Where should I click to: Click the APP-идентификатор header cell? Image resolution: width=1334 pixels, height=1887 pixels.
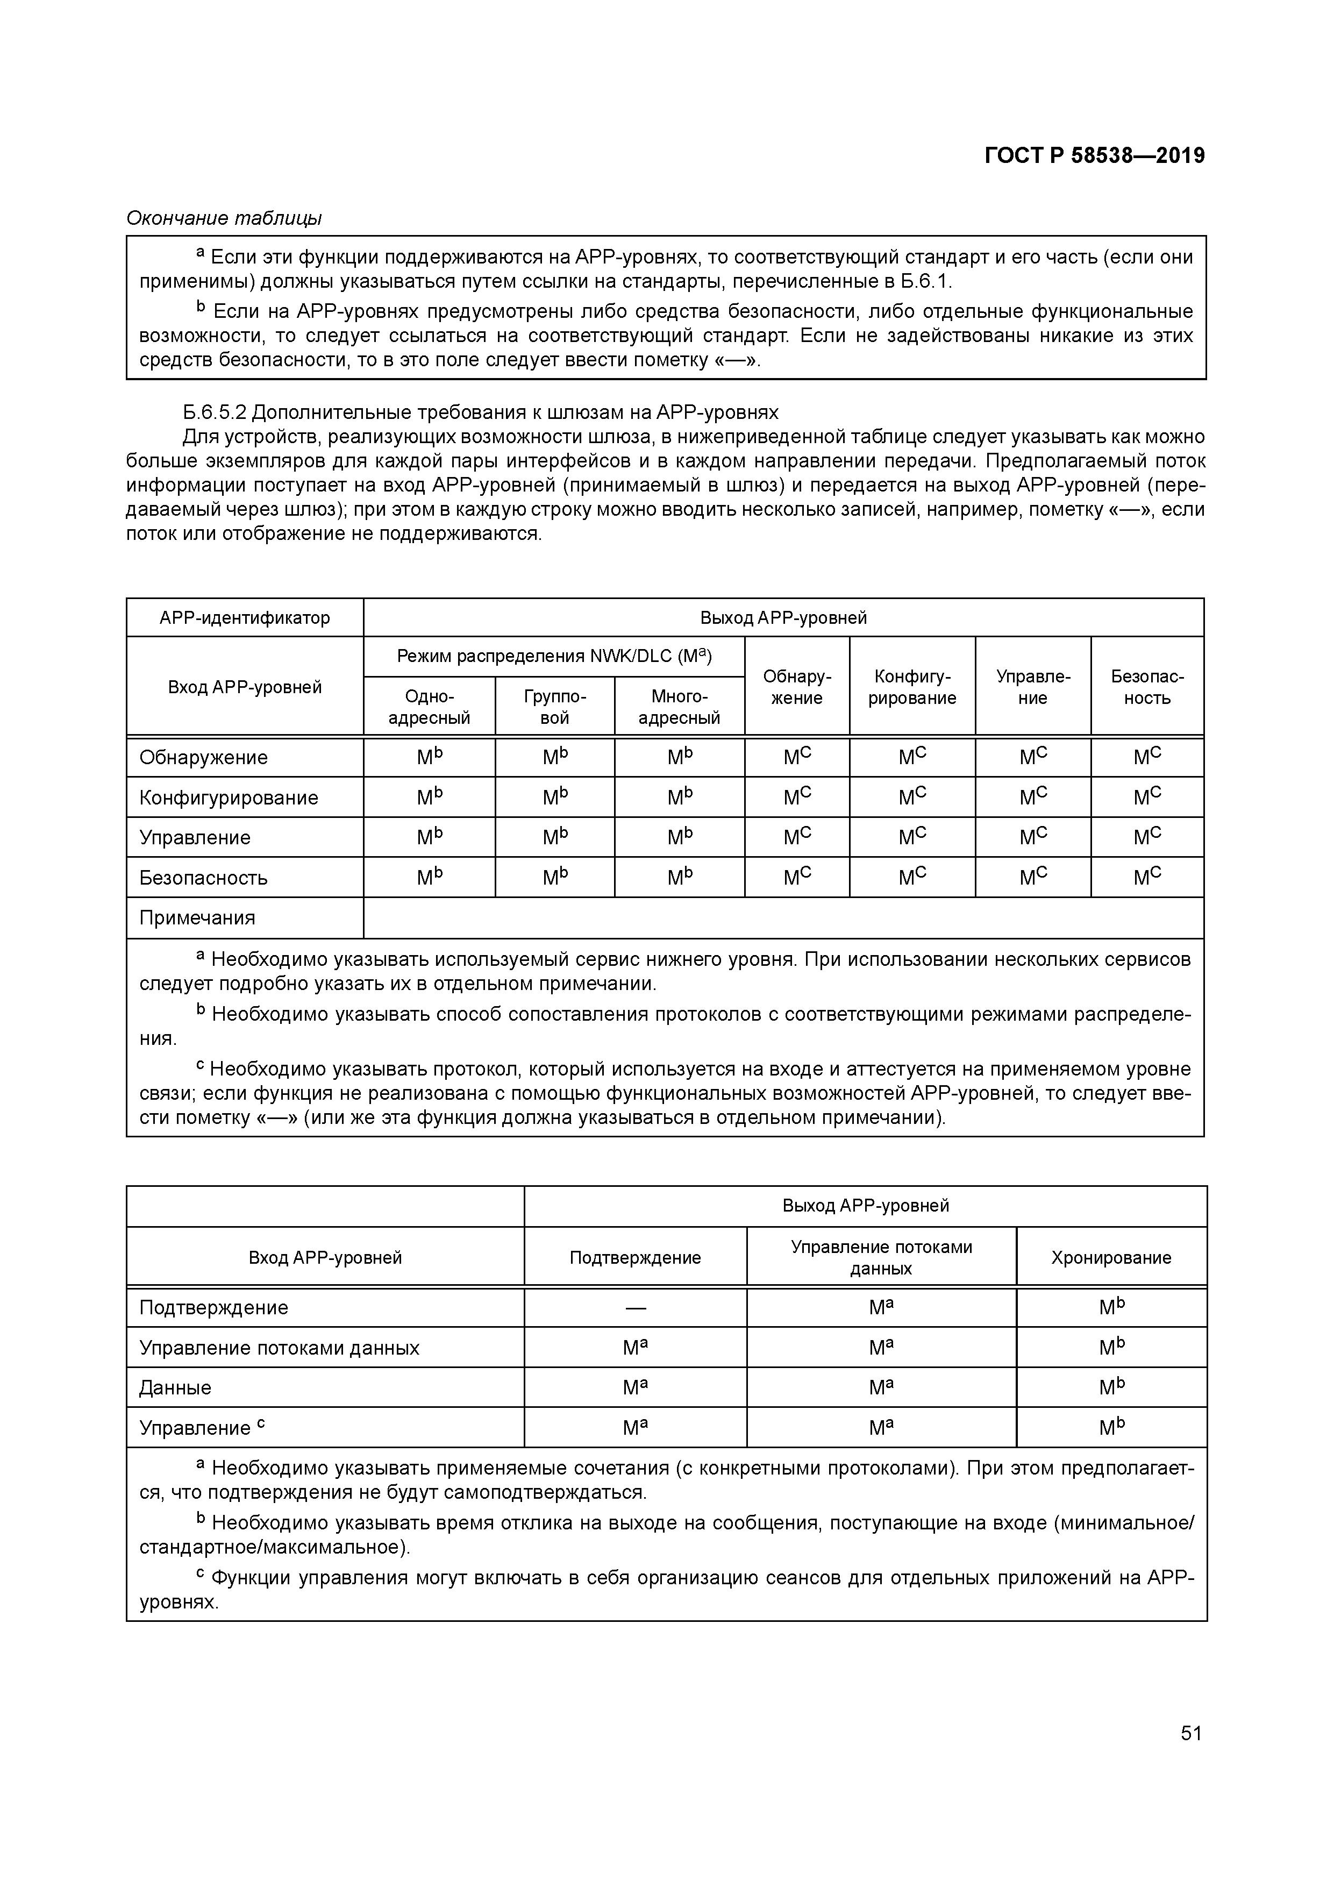245,617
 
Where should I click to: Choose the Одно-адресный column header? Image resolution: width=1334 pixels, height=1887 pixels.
429,707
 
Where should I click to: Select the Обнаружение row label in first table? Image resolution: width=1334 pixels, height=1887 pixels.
204,757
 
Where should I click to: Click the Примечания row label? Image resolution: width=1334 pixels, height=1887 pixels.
197,917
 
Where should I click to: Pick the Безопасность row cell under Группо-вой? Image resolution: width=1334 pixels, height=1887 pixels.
555,877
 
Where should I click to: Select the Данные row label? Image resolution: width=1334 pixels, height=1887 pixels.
175,1387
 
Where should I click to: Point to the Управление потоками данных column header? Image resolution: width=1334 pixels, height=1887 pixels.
881,1257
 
